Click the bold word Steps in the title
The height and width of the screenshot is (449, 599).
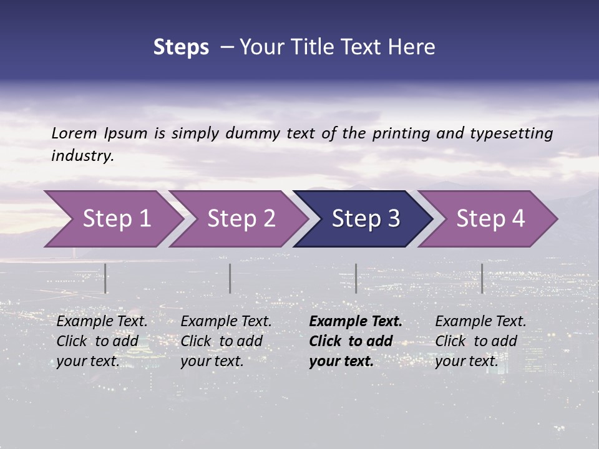[x=181, y=47]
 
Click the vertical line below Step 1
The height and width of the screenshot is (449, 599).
[x=105, y=278]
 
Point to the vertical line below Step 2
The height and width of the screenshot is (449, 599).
[x=230, y=278]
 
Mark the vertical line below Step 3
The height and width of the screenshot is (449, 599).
[x=356, y=278]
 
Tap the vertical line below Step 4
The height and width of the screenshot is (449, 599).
[x=482, y=278]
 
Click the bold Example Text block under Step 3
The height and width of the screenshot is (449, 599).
[x=356, y=341]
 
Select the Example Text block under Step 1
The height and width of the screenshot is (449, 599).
[x=102, y=341]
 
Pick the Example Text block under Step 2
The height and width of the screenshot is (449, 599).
[x=226, y=341]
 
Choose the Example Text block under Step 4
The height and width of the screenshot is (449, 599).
[x=480, y=341]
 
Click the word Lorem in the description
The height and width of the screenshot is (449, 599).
[x=74, y=133]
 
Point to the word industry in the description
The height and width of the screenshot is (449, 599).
[x=82, y=156]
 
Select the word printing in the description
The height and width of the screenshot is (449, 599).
[x=401, y=133]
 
